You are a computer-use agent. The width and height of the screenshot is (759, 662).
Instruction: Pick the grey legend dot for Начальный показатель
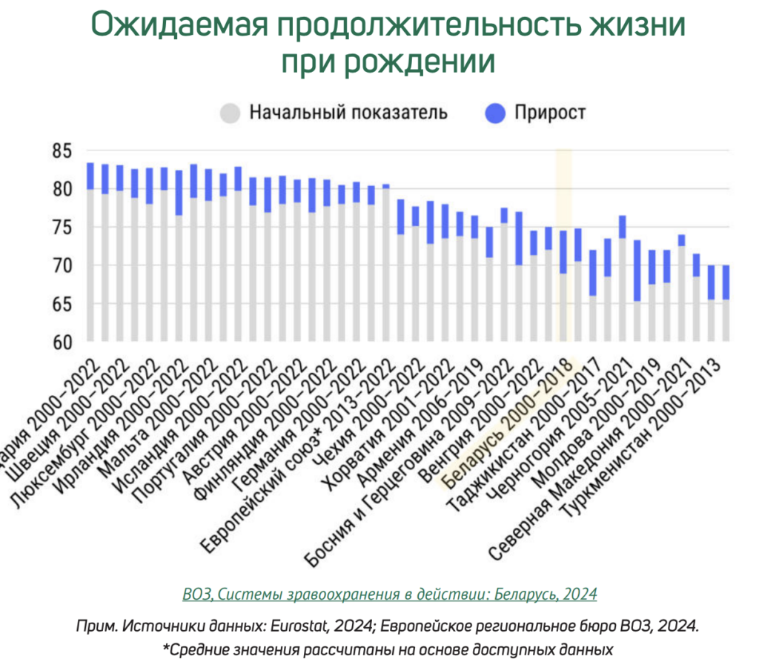tap(230, 113)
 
